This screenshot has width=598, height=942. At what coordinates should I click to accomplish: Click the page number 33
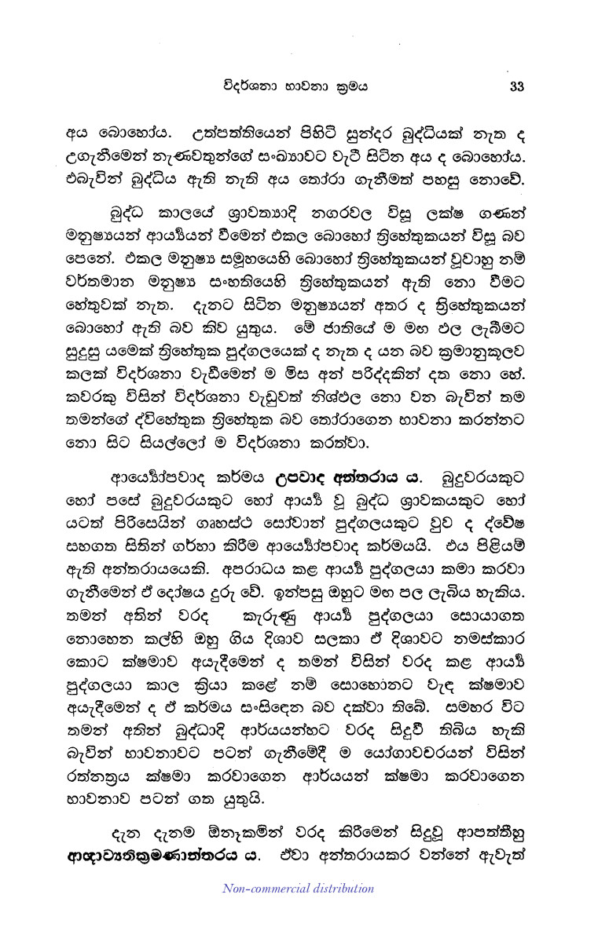point(516,86)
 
